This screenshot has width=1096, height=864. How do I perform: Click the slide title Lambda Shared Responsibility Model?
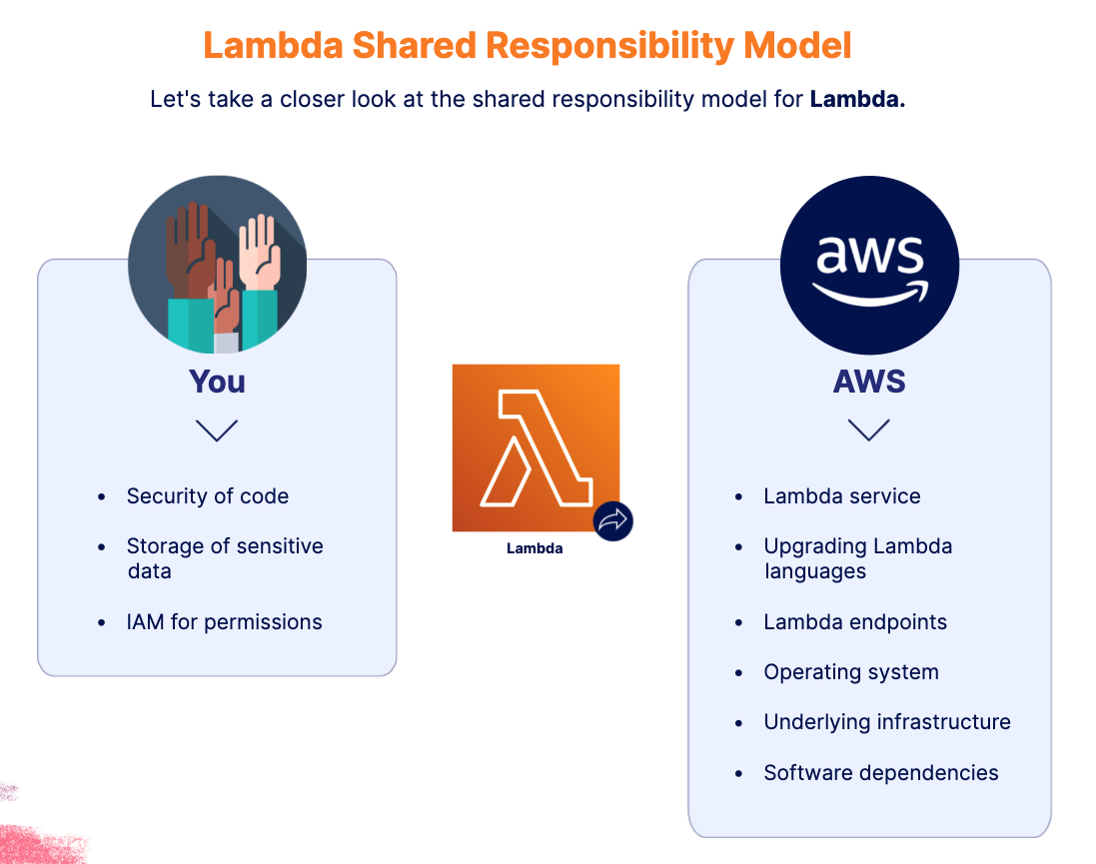[x=528, y=46]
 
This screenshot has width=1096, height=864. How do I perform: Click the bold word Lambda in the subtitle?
[x=857, y=99]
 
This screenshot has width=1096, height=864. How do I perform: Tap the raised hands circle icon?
[x=217, y=265]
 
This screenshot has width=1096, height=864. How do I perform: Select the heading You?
[x=217, y=382]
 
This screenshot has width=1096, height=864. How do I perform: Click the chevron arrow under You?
[x=217, y=431]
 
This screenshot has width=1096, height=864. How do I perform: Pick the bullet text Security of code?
[x=207, y=496]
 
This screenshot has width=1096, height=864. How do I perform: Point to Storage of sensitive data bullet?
[x=225, y=558]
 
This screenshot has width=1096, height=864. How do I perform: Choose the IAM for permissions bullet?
[x=224, y=622]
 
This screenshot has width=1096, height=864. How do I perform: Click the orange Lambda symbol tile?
[x=535, y=446]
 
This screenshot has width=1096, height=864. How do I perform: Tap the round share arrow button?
[x=613, y=520]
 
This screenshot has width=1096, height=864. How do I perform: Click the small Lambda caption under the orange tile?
[x=535, y=548]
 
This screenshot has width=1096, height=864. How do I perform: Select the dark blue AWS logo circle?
[x=868, y=265]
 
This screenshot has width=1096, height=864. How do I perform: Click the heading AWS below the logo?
[x=869, y=382]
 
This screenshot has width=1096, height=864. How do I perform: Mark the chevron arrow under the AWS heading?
[x=868, y=431]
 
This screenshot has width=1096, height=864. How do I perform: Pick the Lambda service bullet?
[x=841, y=496]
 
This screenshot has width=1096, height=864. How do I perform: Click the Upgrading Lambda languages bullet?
[x=857, y=558]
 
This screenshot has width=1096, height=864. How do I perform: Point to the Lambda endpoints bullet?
[x=854, y=622]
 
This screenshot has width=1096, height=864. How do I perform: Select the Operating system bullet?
[x=850, y=672]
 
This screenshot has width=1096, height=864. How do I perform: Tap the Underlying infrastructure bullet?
[x=886, y=722]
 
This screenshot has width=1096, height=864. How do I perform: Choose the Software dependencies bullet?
[x=880, y=773]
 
